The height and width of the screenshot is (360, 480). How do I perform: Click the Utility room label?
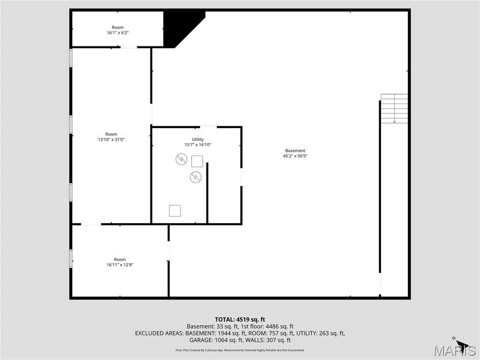[198, 139]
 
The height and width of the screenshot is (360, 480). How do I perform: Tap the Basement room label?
[295, 150]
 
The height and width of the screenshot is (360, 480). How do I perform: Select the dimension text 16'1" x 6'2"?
[118, 33]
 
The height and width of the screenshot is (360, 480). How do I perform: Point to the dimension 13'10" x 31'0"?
[111, 140]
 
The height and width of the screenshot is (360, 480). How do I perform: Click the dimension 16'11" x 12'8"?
[120, 265]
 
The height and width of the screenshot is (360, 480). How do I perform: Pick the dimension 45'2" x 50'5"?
[295, 156]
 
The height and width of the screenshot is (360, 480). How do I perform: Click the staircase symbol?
[394, 109]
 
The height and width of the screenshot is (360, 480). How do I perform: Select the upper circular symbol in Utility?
[181, 159]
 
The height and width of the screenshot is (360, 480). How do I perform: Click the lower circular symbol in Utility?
[195, 177]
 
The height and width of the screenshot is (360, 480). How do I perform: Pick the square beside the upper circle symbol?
[197, 161]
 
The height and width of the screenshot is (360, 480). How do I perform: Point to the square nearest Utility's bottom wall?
[175, 210]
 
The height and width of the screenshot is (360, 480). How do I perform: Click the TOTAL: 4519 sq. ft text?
[240, 320]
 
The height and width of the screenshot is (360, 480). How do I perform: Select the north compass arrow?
[461, 344]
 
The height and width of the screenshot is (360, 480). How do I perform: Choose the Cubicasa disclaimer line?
[240, 350]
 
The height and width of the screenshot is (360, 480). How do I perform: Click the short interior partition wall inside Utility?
[207, 193]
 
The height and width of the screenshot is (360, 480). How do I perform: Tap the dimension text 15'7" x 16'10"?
[198, 145]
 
